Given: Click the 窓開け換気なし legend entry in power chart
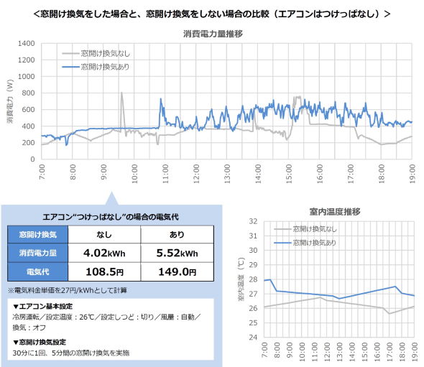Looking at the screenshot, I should point(107,53).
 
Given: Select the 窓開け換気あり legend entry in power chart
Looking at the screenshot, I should point(107,66).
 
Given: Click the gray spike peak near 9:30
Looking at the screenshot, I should point(121,93).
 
